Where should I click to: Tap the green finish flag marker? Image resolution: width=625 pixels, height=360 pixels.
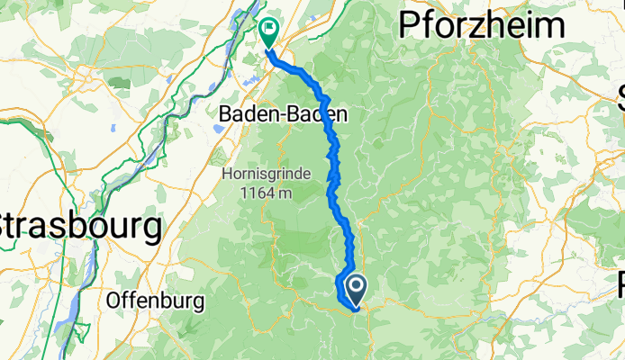267,32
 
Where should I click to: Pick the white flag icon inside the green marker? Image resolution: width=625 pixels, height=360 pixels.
267,30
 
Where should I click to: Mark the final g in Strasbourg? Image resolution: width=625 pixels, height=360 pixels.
153,229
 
